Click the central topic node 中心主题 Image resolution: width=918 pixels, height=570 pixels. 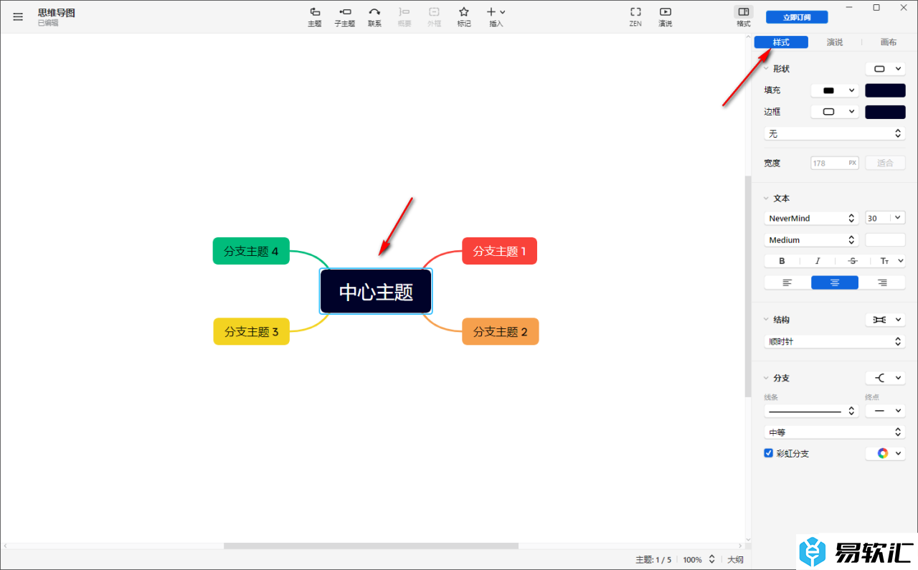376,291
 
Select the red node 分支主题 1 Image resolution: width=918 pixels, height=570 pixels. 499,251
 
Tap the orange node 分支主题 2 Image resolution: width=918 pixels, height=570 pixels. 500,331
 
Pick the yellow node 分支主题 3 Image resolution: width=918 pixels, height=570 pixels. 251,331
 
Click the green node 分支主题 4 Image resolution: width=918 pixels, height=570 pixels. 251,251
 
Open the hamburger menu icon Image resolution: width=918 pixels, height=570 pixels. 18,16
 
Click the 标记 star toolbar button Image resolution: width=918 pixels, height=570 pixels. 463,16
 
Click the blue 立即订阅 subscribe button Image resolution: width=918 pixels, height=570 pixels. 797,17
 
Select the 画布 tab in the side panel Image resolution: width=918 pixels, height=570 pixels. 888,42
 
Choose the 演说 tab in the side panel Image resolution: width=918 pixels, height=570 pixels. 834,42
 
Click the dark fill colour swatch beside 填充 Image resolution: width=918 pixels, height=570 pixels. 885,90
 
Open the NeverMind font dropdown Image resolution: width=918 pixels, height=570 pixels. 811,219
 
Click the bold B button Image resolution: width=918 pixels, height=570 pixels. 782,261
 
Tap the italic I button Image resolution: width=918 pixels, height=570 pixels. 817,261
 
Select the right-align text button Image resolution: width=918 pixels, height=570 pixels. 882,282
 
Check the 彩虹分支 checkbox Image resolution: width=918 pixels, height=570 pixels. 768,453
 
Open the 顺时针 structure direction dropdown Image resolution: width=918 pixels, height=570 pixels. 834,341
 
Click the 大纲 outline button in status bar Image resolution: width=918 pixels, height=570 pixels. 735,559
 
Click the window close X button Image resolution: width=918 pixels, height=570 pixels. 903,8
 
